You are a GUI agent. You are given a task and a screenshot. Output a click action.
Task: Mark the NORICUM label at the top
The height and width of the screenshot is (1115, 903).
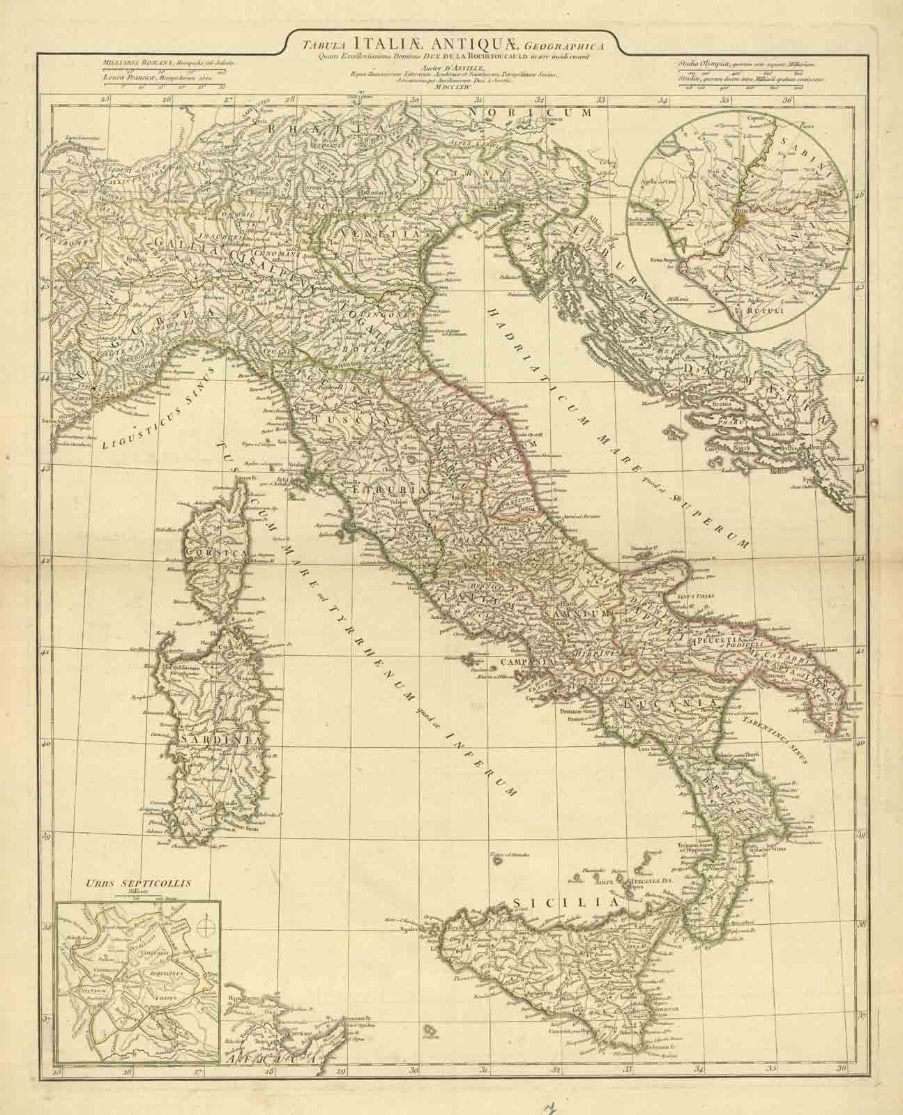(529, 111)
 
